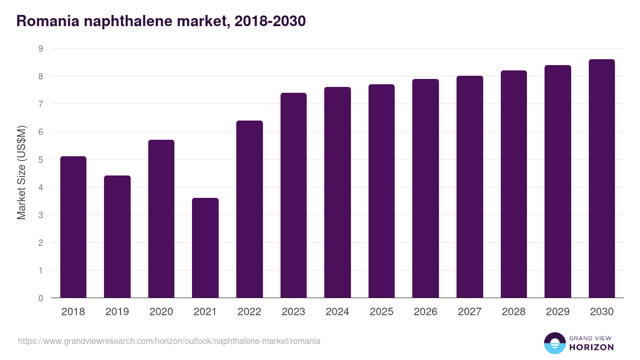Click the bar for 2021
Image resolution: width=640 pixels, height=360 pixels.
click(205, 248)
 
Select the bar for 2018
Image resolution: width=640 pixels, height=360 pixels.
click(73, 227)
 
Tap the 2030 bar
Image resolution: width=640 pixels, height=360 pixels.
click(602, 179)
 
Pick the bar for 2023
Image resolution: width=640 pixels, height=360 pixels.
click(293, 195)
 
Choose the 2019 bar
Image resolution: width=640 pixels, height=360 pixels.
click(117, 237)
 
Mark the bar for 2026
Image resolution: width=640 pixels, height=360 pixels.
click(426, 188)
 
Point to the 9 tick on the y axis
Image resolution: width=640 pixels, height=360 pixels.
click(41, 49)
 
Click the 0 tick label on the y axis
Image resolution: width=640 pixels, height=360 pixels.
click(41, 298)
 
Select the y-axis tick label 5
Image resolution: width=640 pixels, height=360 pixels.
click(41, 159)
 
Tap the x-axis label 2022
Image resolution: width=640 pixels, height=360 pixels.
click(249, 312)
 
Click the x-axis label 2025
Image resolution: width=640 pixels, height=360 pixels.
click(381, 312)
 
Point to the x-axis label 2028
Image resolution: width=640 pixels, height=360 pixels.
click(514, 312)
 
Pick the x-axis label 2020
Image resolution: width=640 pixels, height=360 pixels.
click(161, 312)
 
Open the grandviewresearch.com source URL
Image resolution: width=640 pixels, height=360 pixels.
click(169, 341)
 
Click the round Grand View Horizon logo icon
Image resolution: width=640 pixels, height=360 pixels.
click(554, 343)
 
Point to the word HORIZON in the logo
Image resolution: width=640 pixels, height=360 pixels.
click(591, 347)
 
